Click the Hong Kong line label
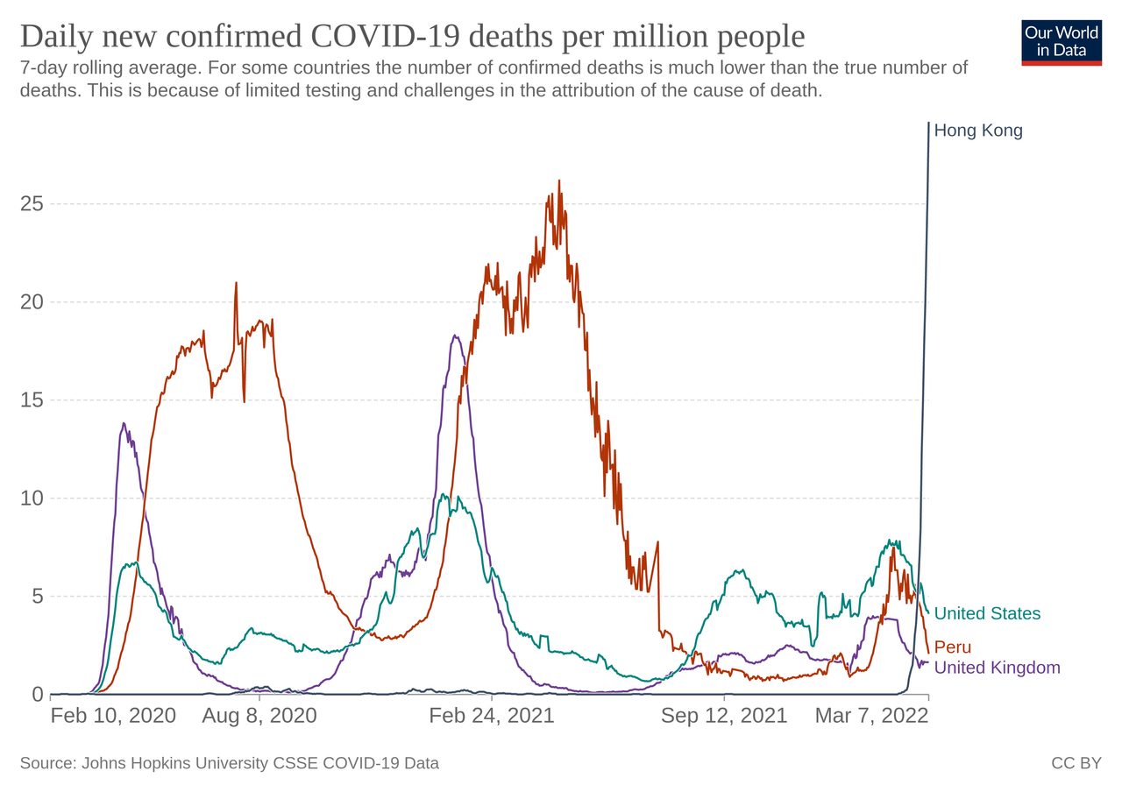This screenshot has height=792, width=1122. [x=978, y=131]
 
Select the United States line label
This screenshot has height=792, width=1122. [x=987, y=614]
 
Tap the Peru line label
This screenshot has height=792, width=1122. [x=953, y=647]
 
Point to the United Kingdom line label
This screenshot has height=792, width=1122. [x=997, y=668]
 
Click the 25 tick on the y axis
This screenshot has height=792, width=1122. [x=32, y=204]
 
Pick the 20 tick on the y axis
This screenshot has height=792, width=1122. [x=32, y=302]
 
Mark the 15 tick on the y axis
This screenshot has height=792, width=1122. [x=32, y=400]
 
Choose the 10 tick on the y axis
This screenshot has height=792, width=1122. [x=32, y=499]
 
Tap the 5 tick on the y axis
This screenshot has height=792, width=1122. [x=38, y=597]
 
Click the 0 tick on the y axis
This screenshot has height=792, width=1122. [x=38, y=695]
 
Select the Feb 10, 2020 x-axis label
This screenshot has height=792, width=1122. [x=113, y=716]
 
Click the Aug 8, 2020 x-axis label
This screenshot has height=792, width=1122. [x=259, y=716]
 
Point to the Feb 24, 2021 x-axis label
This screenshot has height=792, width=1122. [x=492, y=716]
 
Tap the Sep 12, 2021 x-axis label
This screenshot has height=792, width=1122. [x=724, y=716]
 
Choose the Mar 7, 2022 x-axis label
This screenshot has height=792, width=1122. [x=871, y=716]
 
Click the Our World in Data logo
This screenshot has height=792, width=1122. [x=1062, y=42]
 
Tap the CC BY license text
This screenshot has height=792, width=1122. [x=1076, y=764]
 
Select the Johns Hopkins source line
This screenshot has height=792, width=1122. [x=229, y=764]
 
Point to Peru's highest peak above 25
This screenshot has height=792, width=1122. [x=559, y=181]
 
